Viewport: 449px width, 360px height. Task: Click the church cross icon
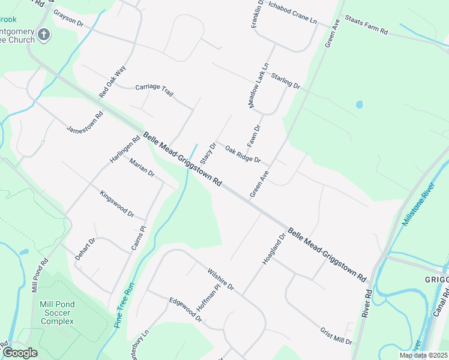click(44, 35)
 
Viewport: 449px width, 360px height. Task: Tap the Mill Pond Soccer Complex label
click(57, 313)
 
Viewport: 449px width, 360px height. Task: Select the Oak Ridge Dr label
click(243, 155)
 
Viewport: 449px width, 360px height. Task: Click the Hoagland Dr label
click(273, 250)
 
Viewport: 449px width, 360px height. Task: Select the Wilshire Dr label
click(220, 280)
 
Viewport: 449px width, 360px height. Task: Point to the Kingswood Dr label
click(116, 202)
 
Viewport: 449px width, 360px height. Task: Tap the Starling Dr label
click(285, 80)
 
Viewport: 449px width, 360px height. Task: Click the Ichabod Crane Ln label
click(292, 13)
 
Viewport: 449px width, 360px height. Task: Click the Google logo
click(20, 353)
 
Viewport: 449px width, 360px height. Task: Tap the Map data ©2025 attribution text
click(423, 355)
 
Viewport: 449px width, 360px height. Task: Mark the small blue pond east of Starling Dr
click(360, 104)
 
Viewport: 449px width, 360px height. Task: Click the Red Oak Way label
click(113, 82)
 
